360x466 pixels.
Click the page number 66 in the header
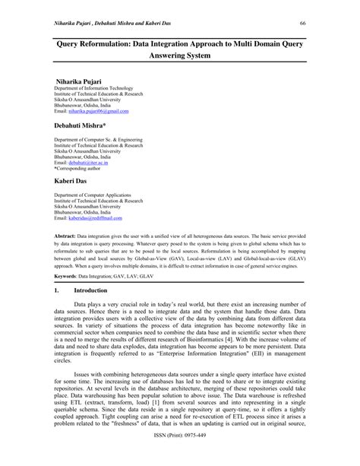tap(302, 24)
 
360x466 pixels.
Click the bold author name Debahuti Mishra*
tap(84, 123)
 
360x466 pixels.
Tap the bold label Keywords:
tap(70, 276)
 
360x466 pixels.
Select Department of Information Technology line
tap(93, 89)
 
